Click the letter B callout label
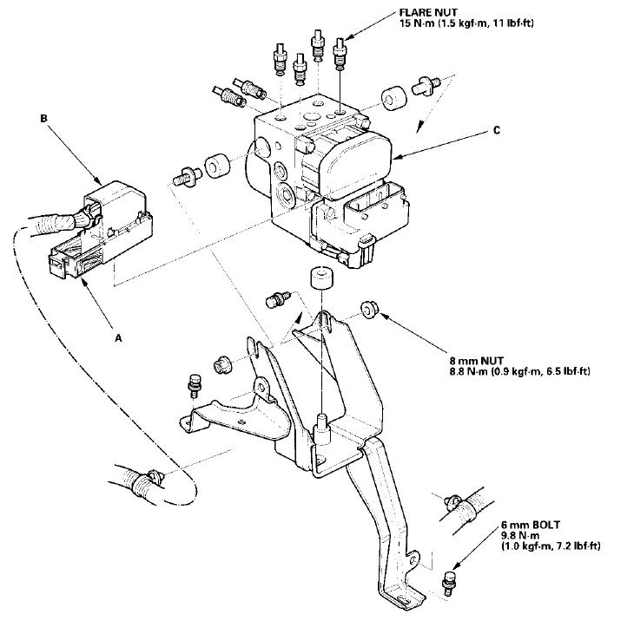click(43, 119)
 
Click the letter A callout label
click(118, 337)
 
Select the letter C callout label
click(497, 130)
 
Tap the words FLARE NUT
click(429, 12)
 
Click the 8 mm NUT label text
click(477, 361)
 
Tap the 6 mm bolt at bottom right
click(448, 582)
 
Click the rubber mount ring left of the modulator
click(218, 165)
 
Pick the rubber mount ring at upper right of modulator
click(393, 97)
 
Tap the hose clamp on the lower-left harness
click(147, 479)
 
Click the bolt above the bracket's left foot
click(195, 386)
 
